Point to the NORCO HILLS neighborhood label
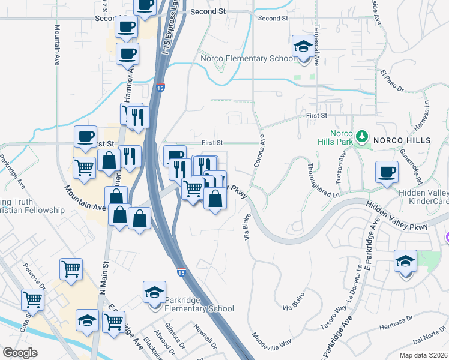(402, 140)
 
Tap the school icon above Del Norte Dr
(405, 262)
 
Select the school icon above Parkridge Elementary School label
(154, 293)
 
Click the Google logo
(20, 352)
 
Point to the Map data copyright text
(424, 355)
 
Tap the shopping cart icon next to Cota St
(32, 300)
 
